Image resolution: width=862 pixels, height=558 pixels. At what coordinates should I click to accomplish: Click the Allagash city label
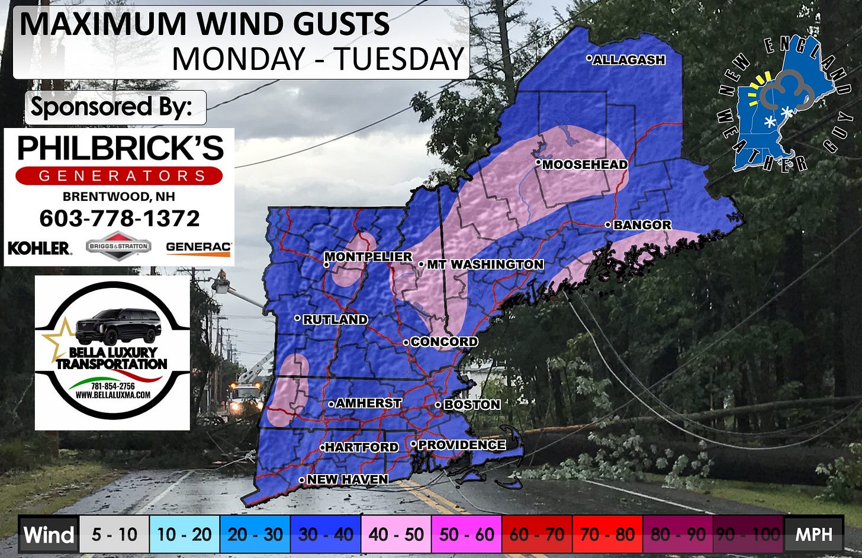[629, 60]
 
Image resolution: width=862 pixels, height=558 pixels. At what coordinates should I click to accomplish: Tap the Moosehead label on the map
[584, 165]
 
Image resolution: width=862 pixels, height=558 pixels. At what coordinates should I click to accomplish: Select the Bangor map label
[642, 225]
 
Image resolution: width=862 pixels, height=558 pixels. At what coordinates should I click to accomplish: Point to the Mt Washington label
[485, 264]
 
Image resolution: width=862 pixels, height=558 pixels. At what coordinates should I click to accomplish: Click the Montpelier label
[368, 256]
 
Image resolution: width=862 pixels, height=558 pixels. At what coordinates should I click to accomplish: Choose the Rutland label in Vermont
[335, 319]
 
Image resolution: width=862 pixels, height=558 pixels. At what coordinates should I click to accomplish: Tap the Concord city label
[444, 342]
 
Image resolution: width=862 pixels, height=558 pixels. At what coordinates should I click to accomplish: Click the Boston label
[472, 405]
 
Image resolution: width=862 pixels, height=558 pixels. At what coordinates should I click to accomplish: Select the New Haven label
[347, 479]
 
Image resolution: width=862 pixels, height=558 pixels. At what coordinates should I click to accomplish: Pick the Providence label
[462, 445]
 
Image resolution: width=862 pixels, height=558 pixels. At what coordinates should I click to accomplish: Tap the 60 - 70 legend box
[537, 534]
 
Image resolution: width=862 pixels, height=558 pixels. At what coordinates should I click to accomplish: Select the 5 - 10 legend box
[114, 534]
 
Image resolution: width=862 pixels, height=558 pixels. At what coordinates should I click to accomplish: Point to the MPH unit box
[813, 534]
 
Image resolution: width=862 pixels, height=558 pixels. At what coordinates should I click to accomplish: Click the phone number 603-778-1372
[120, 219]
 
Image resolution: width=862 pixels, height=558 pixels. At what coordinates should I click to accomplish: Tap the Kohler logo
[39, 248]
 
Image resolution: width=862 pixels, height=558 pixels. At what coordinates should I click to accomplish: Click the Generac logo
[198, 248]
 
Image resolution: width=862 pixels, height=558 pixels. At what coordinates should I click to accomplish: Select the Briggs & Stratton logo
[118, 246]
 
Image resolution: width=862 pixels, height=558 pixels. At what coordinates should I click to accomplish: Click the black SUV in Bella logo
[118, 326]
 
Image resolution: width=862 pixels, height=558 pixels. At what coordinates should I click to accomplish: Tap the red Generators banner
[119, 176]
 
